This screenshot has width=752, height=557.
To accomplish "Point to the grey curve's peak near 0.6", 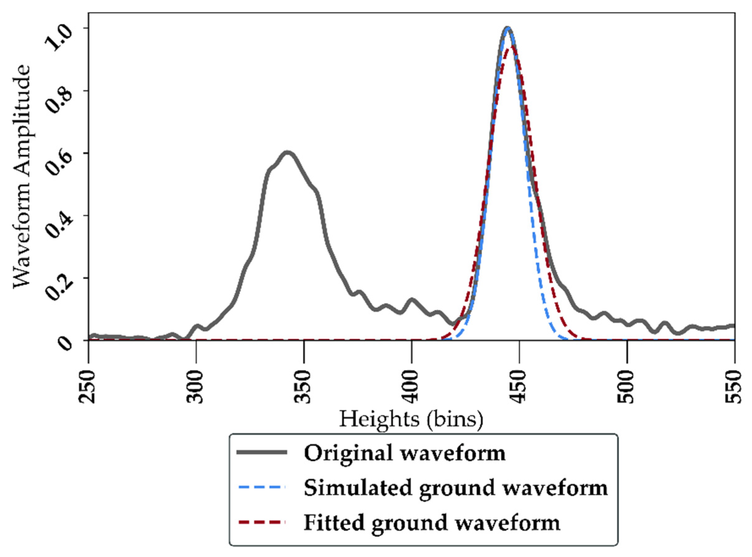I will tap(287, 152).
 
